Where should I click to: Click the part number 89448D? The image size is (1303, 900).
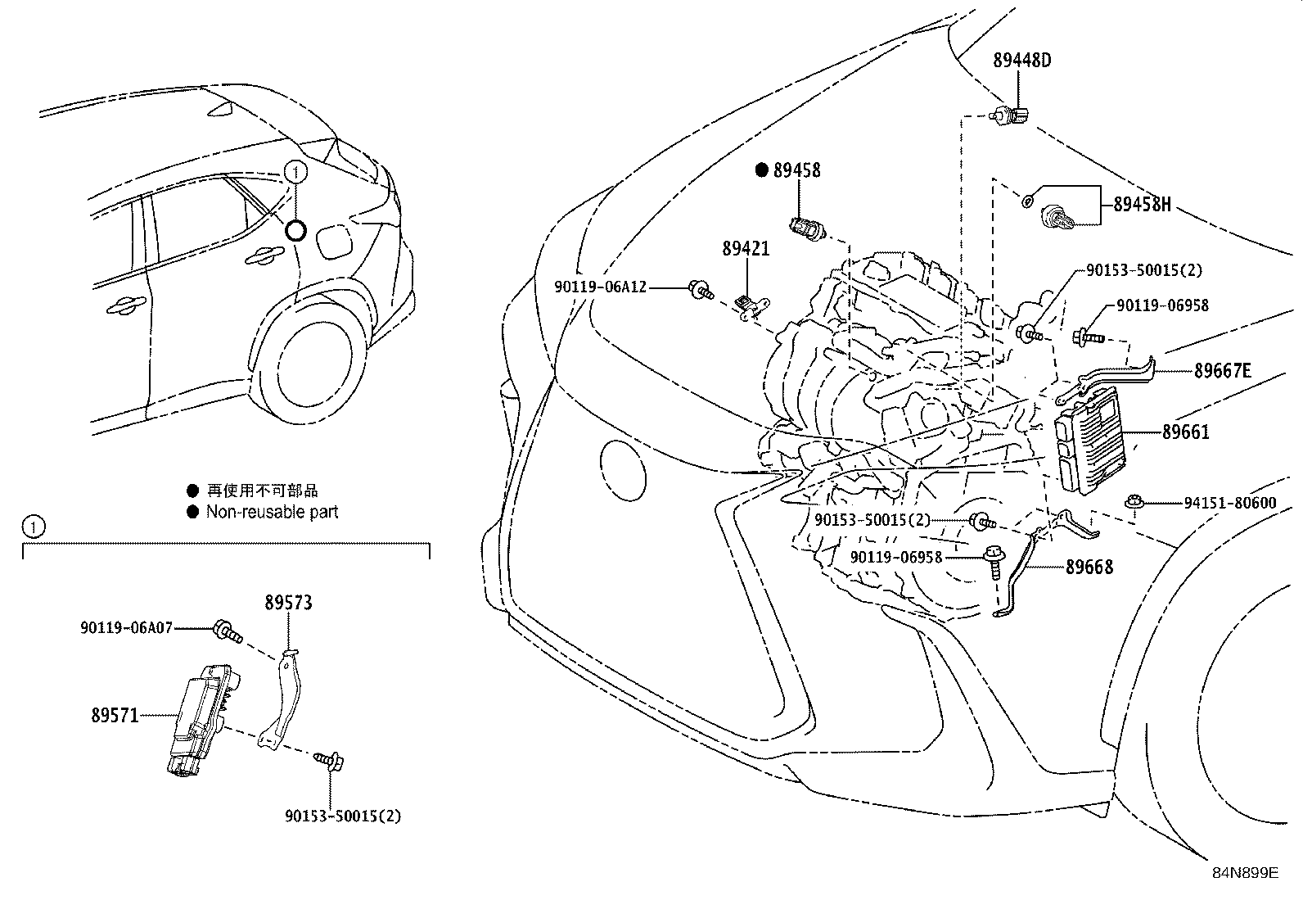1021,60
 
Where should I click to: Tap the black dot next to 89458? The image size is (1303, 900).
761,170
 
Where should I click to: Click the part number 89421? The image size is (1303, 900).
746,248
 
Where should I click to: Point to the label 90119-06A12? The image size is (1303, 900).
600,287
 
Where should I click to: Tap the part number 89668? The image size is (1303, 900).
1089,567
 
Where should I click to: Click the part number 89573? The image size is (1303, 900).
288,603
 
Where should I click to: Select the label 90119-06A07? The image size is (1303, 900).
126,628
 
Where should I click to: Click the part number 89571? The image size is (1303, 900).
115,715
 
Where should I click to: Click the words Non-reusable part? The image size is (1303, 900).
272,512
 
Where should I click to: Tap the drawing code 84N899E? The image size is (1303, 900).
1245,873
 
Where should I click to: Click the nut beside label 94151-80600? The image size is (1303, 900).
1134,502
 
